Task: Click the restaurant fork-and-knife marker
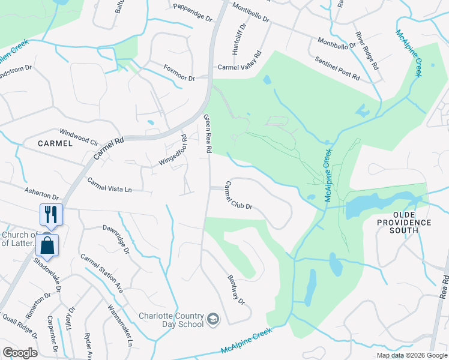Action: (x=50, y=214)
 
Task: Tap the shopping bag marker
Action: (x=47, y=245)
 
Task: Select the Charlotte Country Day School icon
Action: (x=212, y=319)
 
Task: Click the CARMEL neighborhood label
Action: (x=55, y=143)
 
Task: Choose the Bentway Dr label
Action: (x=237, y=290)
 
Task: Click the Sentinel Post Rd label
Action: (x=337, y=69)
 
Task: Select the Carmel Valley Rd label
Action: (x=240, y=62)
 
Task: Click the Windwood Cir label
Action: (x=78, y=136)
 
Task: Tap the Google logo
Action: (x=20, y=352)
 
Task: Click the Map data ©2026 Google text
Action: (x=411, y=355)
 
